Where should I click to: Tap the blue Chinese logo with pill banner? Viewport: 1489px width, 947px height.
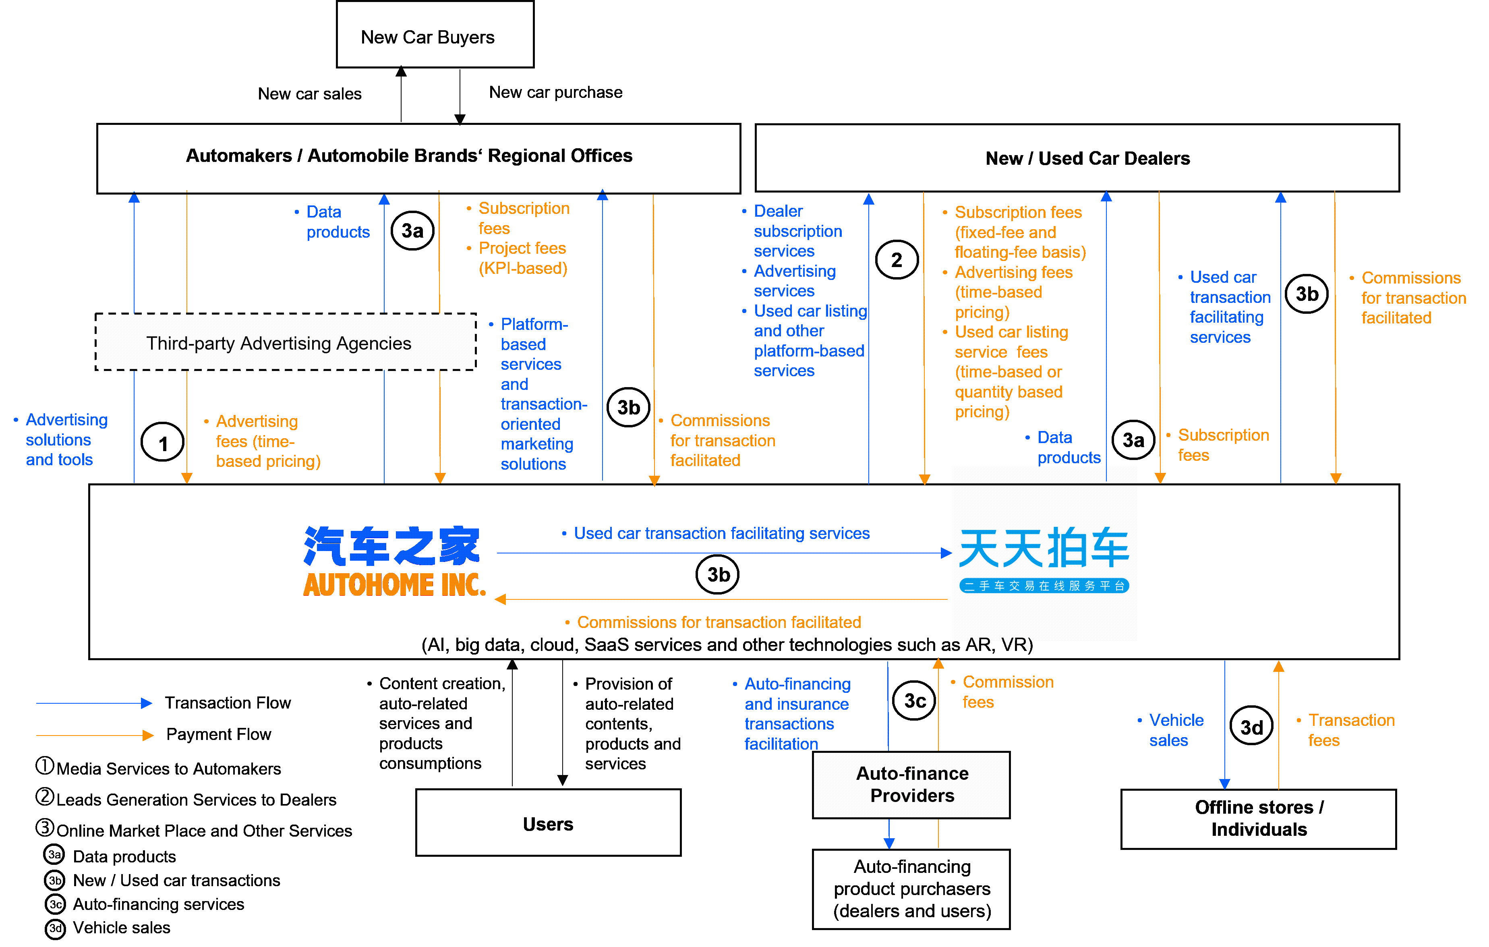(x=1044, y=560)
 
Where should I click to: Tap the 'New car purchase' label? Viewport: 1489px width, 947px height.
(x=555, y=92)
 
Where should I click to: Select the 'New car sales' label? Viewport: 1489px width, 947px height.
(x=309, y=93)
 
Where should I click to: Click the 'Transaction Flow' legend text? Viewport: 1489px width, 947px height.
(x=228, y=702)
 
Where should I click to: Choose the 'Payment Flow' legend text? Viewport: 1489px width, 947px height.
(x=218, y=734)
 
